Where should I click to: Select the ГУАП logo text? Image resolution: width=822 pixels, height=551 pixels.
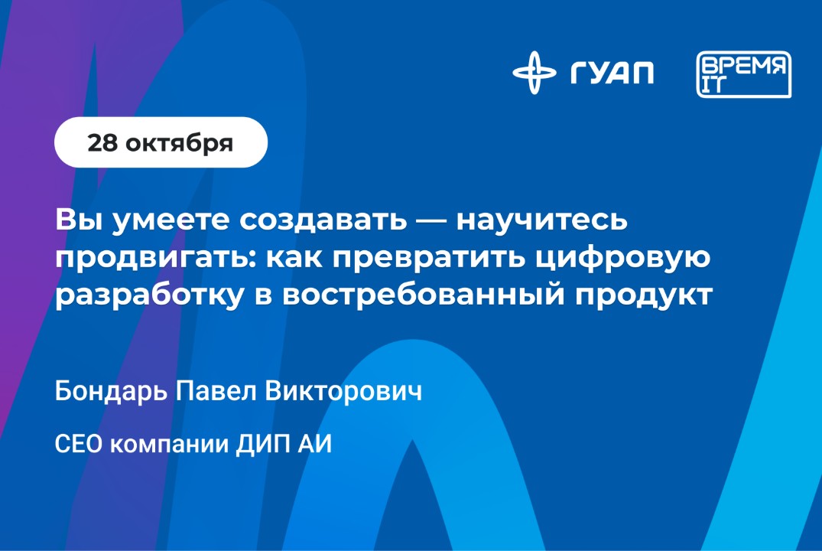[x=612, y=73]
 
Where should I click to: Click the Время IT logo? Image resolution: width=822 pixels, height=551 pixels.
[x=743, y=75]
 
